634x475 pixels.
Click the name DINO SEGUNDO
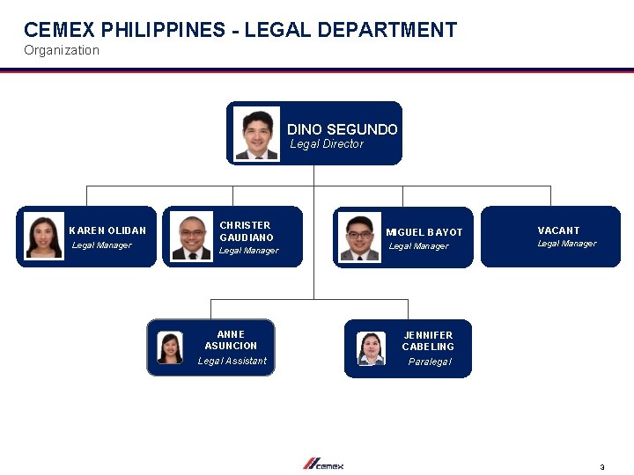pyautogui.click(x=342, y=129)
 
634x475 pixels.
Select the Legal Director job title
pyautogui.click(x=327, y=144)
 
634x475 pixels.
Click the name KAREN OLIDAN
pyautogui.click(x=107, y=230)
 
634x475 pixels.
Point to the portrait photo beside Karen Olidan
pyautogui.click(x=44, y=237)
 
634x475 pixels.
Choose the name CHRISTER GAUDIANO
pyautogui.click(x=247, y=231)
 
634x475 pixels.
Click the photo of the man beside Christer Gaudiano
pyautogui.click(x=192, y=237)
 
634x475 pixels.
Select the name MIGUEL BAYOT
pyautogui.click(x=424, y=232)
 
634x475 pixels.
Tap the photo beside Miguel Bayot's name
pyautogui.click(x=359, y=237)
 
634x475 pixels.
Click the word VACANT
pyautogui.click(x=558, y=230)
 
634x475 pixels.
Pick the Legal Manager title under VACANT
pyautogui.click(x=567, y=244)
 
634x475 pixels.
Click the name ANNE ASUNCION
pyautogui.click(x=231, y=340)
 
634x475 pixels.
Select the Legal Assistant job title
pyautogui.click(x=232, y=361)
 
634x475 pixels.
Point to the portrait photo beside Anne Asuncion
pyautogui.click(x=170, y=347)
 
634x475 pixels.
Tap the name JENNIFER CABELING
pyautogui.click(x=429, y=340)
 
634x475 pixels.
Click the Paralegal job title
pyautogui.click(x=430, y=362)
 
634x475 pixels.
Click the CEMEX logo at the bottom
pyautogui.click(x=323, y=464)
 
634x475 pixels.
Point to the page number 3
pyautogui.click(x=602, y=467)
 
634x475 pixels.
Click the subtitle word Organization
pyautogui.click(x=62, y=50)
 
